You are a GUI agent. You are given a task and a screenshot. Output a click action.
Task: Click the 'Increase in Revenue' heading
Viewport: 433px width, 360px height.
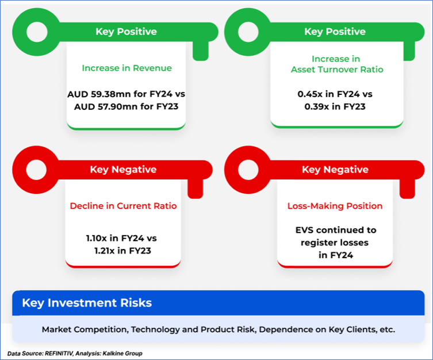pyautogui.click(x=127, y=68)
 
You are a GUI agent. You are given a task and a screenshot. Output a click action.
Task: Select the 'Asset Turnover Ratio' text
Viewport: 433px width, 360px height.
pyautogui.click(x=337, y=69)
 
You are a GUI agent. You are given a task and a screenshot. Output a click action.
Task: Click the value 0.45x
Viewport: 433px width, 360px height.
pyautogui.click(x=310, y=94)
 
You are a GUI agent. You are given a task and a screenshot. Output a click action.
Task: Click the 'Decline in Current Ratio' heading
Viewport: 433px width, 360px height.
pyautogui.click(x=123, y=206)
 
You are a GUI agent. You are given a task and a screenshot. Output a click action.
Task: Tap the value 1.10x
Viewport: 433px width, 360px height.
pyautogui.click(x=97, y=238)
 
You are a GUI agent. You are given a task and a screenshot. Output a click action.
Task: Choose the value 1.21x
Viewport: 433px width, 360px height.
pyautogui.click(x=105, y=251)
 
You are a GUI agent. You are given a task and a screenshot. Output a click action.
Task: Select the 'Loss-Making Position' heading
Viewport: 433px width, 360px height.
pyautogui.click(x=335, y=206)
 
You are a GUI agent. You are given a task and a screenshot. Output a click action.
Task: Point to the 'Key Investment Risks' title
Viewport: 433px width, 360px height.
pyautogui.click(x=87, y=303)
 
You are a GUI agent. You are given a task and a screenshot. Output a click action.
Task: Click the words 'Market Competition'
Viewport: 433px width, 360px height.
pyautogui.click(x=85, y=330)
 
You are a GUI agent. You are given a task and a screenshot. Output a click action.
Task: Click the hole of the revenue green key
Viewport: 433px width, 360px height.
pyautogui.click(x=37, y=32)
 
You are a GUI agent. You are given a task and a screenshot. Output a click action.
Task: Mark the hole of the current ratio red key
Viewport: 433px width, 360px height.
pyautogui.click(x=36, y=170)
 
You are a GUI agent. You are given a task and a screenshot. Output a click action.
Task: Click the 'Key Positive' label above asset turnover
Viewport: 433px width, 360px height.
pyautogui.click(x=335, y=32)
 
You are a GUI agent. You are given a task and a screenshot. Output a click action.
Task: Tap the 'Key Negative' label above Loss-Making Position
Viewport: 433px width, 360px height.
pyautogui.click(x=335, y=169)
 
